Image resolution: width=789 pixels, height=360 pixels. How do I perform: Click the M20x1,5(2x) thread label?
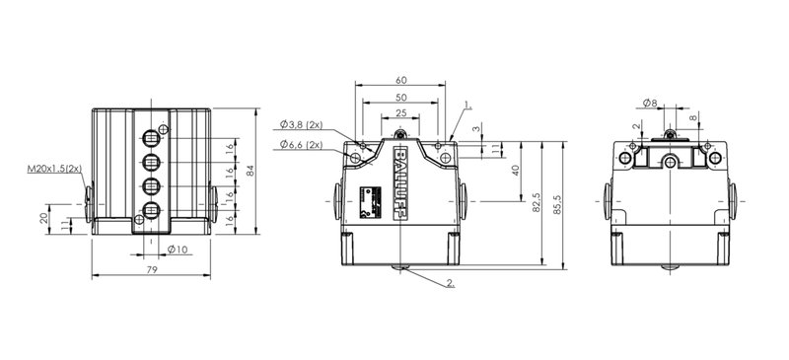point(54,169)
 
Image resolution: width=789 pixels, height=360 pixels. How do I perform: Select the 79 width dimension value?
point(152,270)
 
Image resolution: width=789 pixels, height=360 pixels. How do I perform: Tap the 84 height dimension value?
point(251,172)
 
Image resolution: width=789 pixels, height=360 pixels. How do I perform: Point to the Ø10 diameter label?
point(178,250)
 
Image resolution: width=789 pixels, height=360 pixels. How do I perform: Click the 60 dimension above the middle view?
point(401,80)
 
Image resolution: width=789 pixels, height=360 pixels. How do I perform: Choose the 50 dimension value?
point(401,98)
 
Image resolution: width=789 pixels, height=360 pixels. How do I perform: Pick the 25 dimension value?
point(400,113)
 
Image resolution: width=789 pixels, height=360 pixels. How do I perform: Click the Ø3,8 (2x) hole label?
point(302,124)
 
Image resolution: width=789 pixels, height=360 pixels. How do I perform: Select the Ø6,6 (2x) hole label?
point(302,145)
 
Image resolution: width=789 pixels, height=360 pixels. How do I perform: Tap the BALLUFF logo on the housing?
point(400,183)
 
